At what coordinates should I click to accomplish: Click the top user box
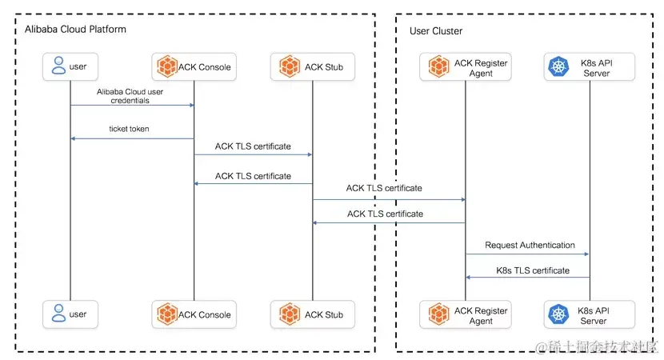(x=70, y=67)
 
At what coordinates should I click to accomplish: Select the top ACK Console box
(x=194, y=67)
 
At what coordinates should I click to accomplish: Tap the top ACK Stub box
(x=312, y=67)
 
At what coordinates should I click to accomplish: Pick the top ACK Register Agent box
(x=466, y=67)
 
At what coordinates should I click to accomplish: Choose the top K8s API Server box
(x=590, y=67)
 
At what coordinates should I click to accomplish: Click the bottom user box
(x=70, y=314)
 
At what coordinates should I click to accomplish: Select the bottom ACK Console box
(x=194, y=314)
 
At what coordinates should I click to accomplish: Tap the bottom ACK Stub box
(x=312, y=314)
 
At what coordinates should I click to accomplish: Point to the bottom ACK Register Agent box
(x=466, y=314)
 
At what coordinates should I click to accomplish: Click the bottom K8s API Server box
(x=590, y=314)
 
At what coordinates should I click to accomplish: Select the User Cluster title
(x=435, y=31)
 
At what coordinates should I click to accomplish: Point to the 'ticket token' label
(x=129, y=130)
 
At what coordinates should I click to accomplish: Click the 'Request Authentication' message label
(x=530, y=245)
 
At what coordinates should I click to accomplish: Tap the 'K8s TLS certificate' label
(x=533, y=270)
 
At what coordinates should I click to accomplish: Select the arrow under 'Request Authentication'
(x=528, y=254)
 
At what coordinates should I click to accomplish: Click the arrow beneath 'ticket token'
(x=132, y=138)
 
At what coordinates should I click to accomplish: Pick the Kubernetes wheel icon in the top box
(x=556, y=67)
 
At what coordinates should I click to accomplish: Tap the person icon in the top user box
(x=58, y=67)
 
